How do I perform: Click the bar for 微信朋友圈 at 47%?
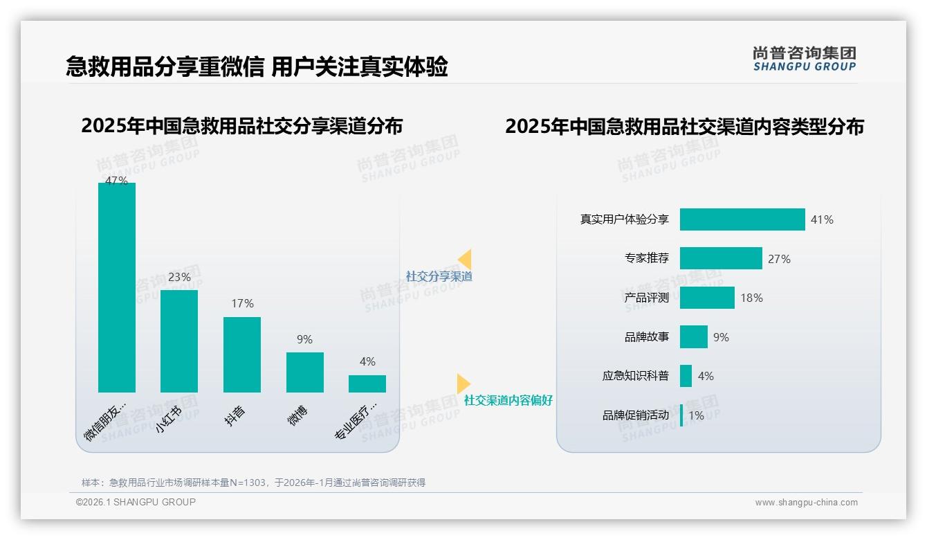(117, 287)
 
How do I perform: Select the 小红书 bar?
(179, 341)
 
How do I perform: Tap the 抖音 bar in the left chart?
(242, 354)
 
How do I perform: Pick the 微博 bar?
(305, 372)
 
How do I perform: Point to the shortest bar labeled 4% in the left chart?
(367, 384)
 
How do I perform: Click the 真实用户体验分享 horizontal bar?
(742, 219)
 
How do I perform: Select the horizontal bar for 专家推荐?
(721, 258)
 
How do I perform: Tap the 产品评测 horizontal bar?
(707, 298)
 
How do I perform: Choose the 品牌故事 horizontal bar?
(694, 337)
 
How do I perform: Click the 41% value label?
(823, 219)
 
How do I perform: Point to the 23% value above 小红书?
(179, 277)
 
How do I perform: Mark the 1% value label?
(696, 415)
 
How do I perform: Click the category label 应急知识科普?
(636, 376)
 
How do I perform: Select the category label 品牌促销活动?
(636, 415)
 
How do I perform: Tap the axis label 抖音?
(235, 415)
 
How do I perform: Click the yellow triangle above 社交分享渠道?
(465, 259)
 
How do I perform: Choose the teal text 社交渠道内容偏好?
(508, 401)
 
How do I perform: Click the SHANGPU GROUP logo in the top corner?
(805, 59)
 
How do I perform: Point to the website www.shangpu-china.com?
(806, 503)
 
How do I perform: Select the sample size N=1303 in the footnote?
(246, 483)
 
